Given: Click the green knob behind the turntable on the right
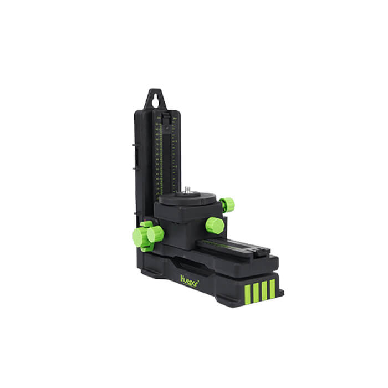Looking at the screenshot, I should point(227,205).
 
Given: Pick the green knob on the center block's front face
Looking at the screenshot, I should point(215,225).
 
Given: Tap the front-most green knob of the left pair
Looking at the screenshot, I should point(155,234).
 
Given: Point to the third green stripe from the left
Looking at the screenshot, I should point(264,288).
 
